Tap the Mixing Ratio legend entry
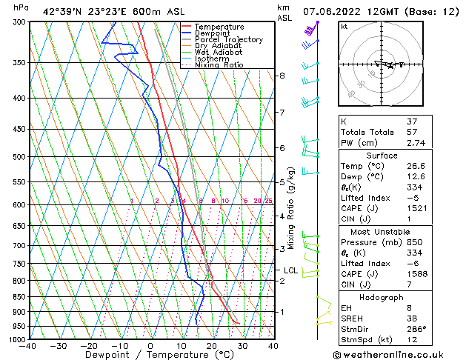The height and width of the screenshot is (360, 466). click(219, 65)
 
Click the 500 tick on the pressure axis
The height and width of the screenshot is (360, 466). click(19, 157)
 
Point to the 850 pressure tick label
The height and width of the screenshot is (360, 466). click(19, 297)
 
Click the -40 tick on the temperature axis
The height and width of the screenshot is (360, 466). click(28, 346)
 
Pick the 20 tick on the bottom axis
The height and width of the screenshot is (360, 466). click(212, 346)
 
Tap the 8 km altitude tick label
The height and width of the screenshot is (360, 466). click(282, 76)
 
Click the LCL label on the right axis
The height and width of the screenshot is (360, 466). click(290, 271)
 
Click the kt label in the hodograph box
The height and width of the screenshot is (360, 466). click(344, 26)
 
